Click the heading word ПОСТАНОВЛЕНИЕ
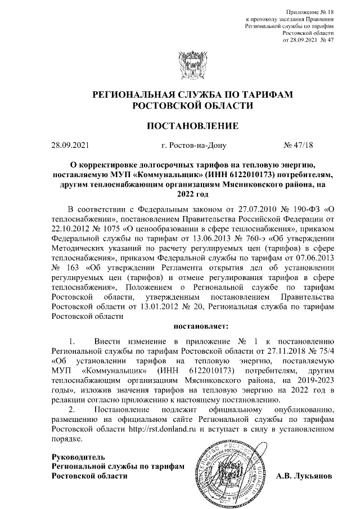[x=181, y=125]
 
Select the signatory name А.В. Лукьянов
[x=304, y=476]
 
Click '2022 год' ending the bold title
[x=181, y=193]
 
